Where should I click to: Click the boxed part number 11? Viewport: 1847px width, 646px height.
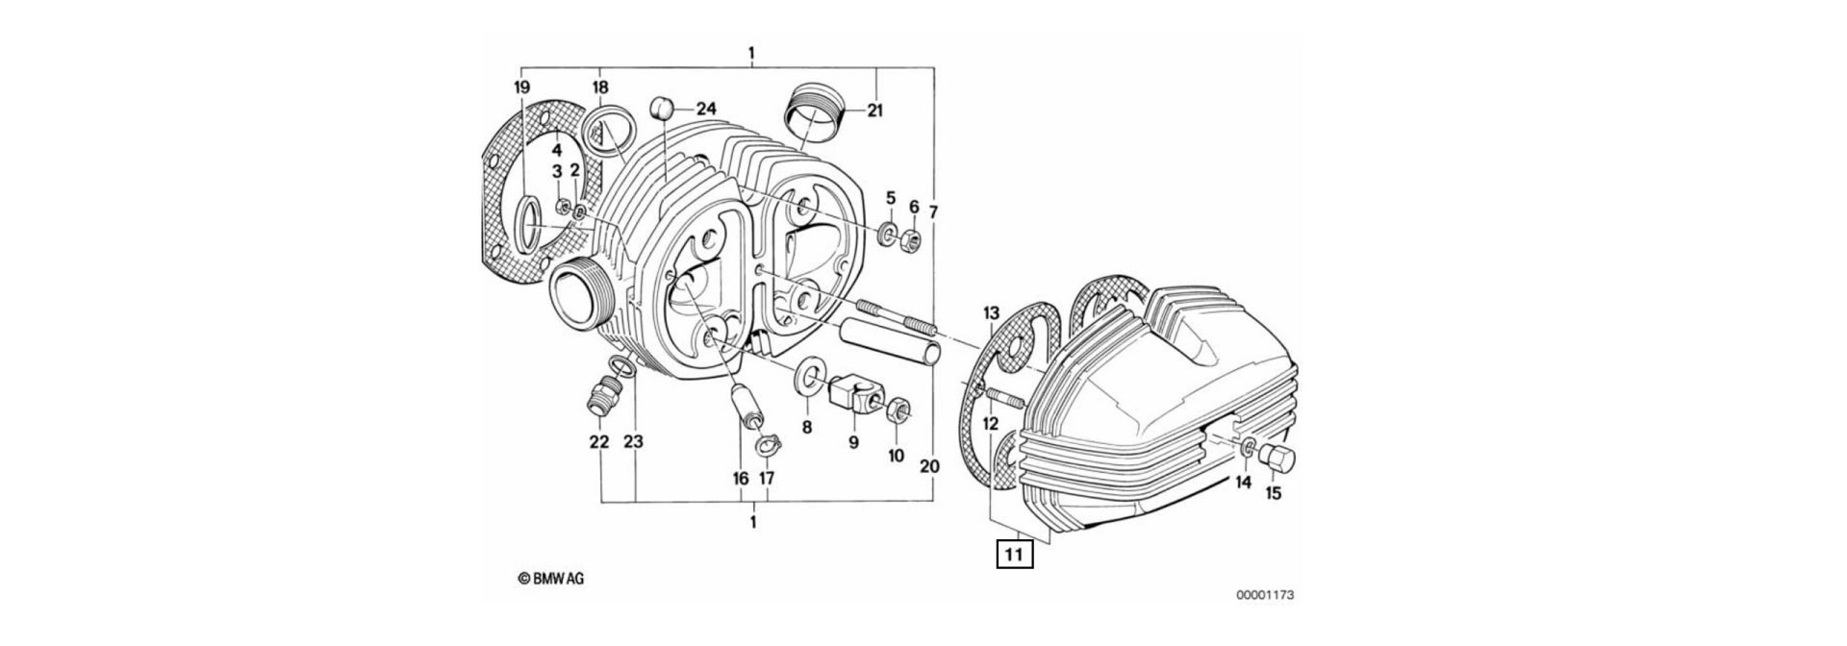1014,555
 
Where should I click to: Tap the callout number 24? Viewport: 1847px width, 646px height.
707,109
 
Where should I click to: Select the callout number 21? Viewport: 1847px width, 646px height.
873,111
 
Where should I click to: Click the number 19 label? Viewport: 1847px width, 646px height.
521,87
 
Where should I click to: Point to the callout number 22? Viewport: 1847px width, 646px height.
599,442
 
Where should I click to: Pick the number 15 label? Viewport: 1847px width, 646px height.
1273,494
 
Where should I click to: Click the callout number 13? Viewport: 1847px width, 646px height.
992,313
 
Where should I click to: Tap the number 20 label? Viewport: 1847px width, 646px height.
927,465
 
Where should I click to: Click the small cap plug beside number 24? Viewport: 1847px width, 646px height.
657,107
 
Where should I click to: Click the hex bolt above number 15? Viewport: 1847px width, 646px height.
1277,457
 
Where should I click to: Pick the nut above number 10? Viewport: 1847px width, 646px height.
896,409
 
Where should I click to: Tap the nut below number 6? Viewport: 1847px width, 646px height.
914,239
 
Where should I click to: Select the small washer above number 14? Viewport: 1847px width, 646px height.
1247,447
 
